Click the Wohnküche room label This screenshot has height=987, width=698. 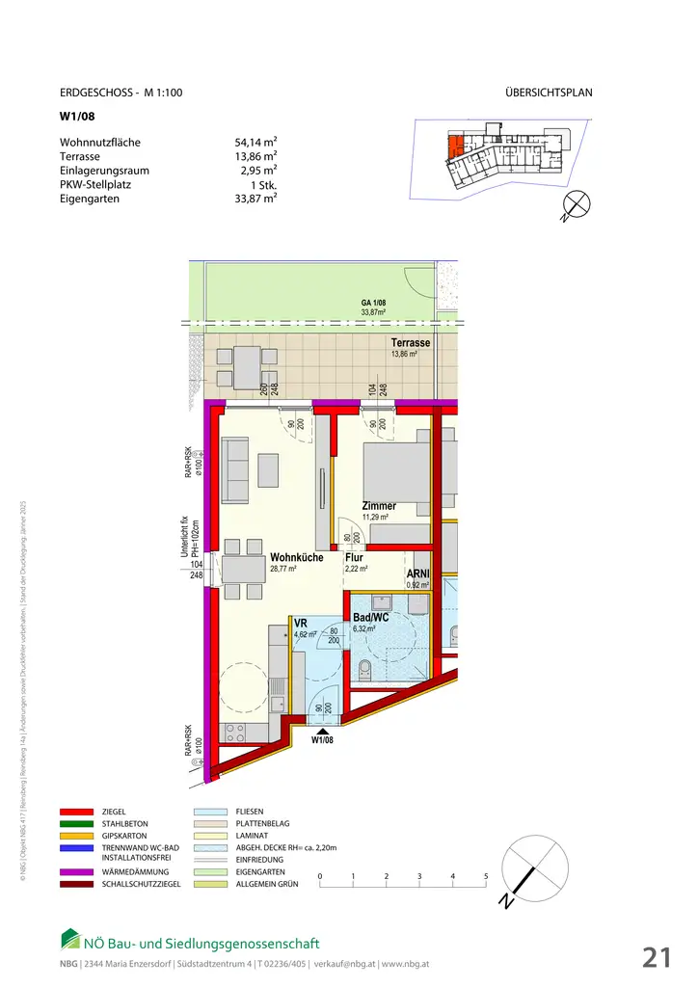(x=296, y=557)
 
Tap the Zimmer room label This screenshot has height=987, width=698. (x=379, y=506)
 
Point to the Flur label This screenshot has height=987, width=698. (x=354, y=557)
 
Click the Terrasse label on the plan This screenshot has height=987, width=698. (x=410, y=343)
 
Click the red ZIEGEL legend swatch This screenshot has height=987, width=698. (x=76, y=813)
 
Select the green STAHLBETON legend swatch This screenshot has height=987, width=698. (x=76, y=826)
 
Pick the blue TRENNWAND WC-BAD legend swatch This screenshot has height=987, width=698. (x=76, y=847)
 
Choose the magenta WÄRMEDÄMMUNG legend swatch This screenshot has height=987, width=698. (x=76, y=871)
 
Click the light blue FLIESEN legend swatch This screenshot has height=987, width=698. (x=209, y=813)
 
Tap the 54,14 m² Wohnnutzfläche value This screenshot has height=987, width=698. (x=255, y=143)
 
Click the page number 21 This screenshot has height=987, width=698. (x=657, y=957)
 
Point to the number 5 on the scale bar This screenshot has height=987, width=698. (x=486, y=876)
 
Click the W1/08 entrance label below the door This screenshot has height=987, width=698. (x=322, y=740)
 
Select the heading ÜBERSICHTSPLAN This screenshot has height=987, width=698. (x=548, y=93)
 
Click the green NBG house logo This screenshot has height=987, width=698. (x=70, y=938)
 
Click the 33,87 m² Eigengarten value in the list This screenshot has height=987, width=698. (x=255, y=199)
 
